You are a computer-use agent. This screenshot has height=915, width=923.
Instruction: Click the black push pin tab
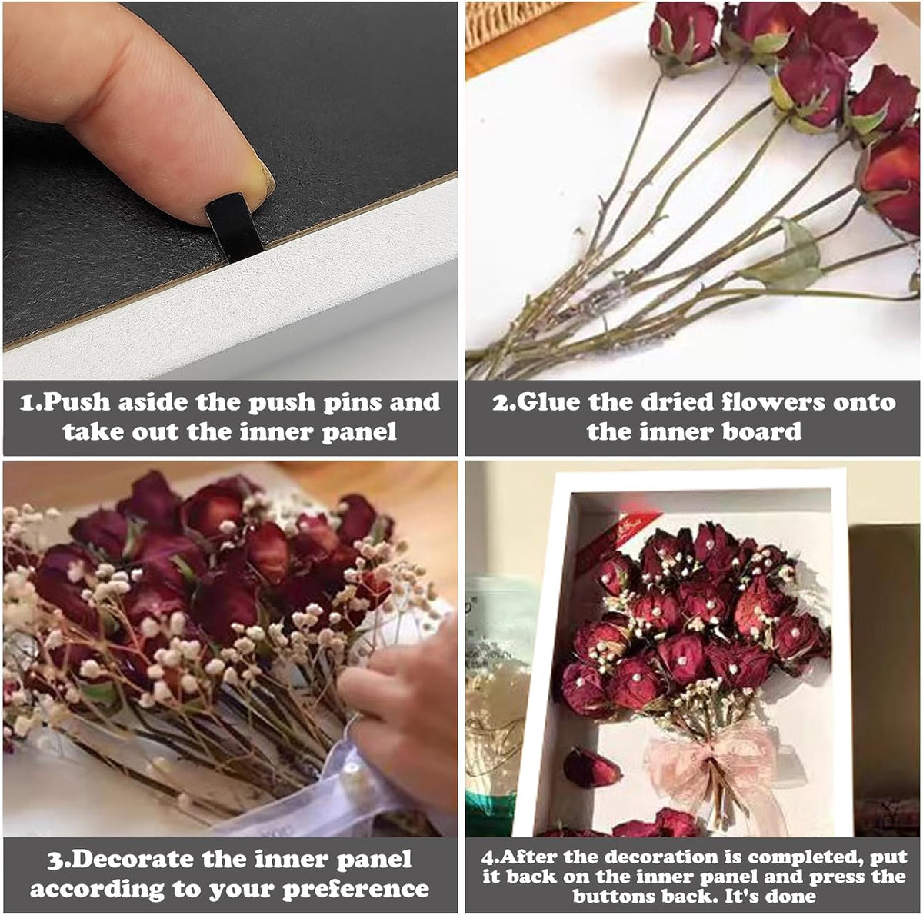[235, 226]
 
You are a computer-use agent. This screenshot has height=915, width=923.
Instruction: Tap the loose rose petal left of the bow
[592, 768]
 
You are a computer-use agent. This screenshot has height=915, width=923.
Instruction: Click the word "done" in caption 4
[791, 895]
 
